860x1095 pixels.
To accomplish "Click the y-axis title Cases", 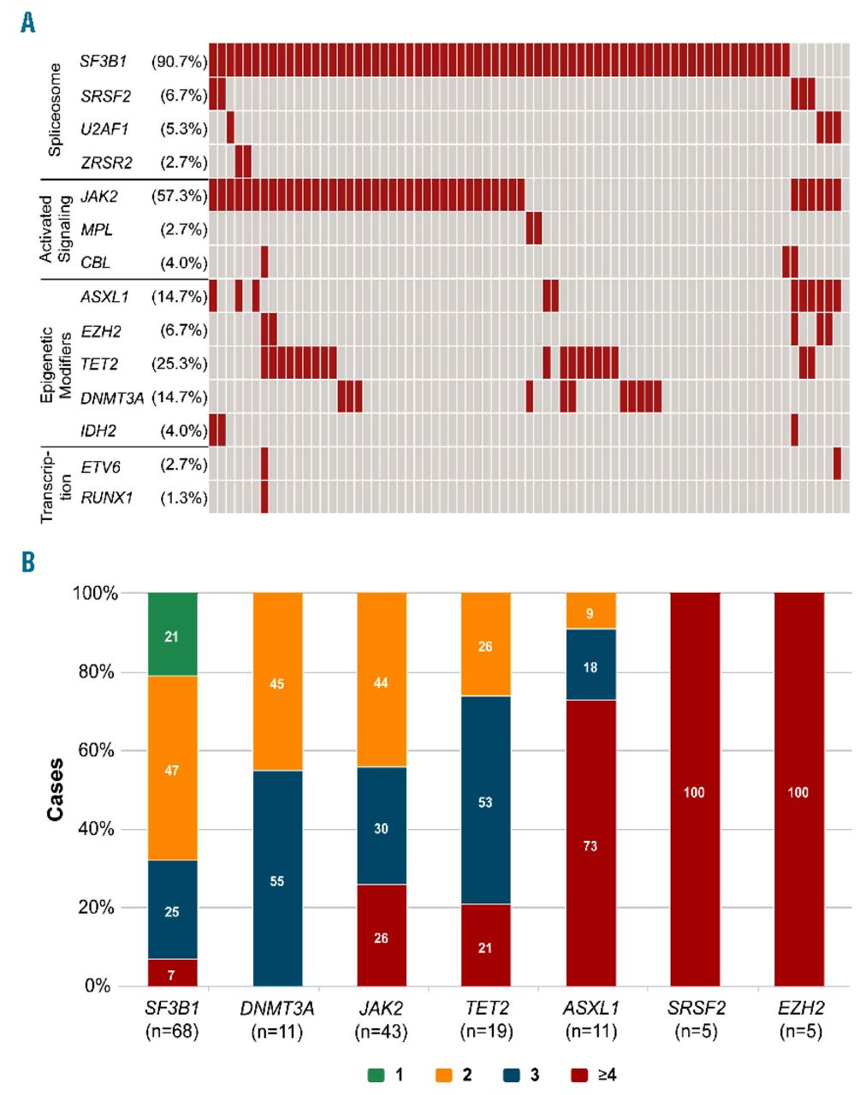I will (56, 789).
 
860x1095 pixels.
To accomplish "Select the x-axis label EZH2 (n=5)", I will (798, 1020).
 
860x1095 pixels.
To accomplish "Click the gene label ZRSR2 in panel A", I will (106, 163).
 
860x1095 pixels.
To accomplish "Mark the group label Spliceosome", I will (55, 109).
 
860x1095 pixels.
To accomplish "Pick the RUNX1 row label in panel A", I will (107, 497).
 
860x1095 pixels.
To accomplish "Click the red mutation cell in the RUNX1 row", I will (264, 497).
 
